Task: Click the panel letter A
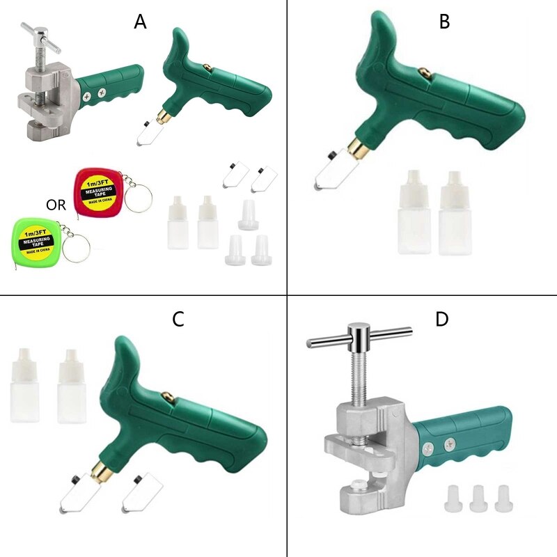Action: click(141, 22)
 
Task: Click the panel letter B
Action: click(444, 22)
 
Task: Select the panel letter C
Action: click(178, 320)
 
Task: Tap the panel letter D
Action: click(442, 320)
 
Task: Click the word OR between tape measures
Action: click(56, 205)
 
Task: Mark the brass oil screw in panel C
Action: click(168, 397)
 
